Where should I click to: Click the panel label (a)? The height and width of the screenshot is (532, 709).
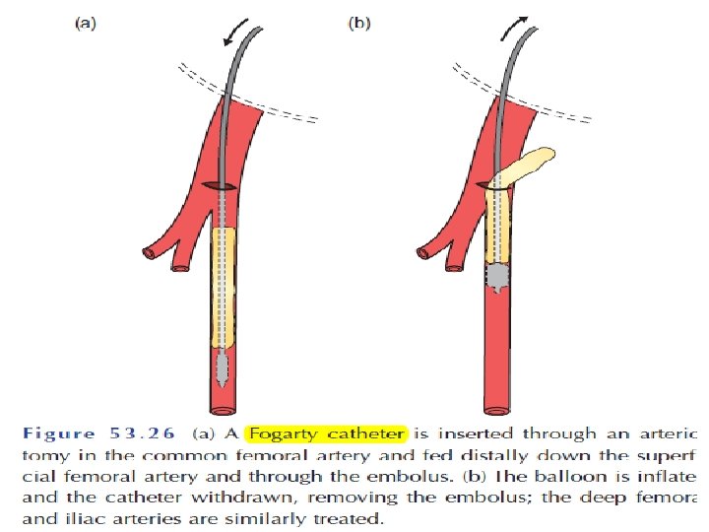click(x=87, y=25)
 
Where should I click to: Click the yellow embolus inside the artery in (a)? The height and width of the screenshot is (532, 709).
click(x=225, y=286)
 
